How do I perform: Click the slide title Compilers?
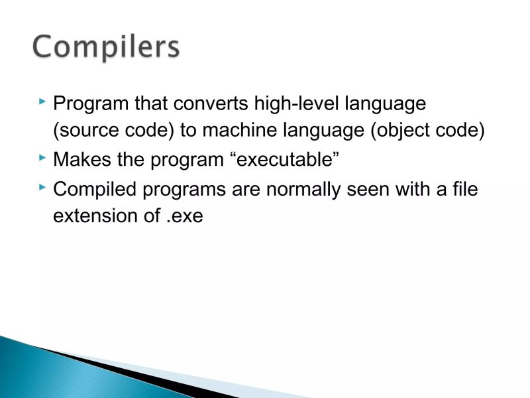coord(106,48)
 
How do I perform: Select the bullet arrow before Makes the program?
coord(42,158)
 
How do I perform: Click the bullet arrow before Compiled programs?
coord(42,186)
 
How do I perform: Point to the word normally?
coord(307,189)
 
